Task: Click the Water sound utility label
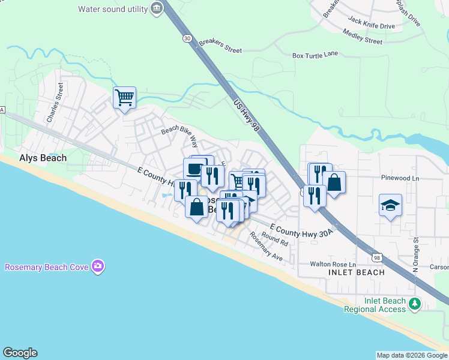point(112,8)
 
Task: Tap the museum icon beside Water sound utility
point(157,8)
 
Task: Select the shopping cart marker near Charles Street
point(124,97)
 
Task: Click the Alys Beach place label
point(42,158)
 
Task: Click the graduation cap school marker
point(390,205)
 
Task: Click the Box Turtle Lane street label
point(315,55)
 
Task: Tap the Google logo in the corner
point(20,353)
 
